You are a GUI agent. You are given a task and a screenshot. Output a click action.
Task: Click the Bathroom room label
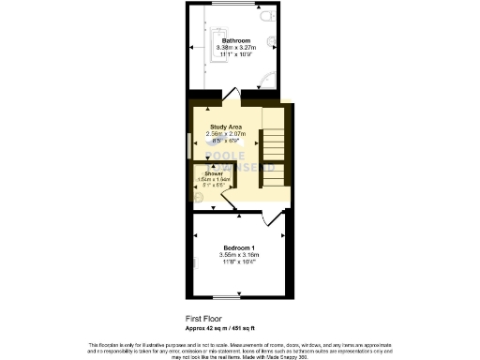tap(234, 41)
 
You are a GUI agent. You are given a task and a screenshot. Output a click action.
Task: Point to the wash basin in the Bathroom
tap(272, 42)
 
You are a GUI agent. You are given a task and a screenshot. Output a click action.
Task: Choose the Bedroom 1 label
tap(238, 247)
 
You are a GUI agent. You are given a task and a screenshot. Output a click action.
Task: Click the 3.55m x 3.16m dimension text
tap(238, 254)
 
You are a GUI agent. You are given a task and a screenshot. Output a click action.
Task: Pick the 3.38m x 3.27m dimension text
tap(234, 49)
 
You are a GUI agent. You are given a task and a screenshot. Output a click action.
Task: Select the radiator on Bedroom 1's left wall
tap(194, 262)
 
